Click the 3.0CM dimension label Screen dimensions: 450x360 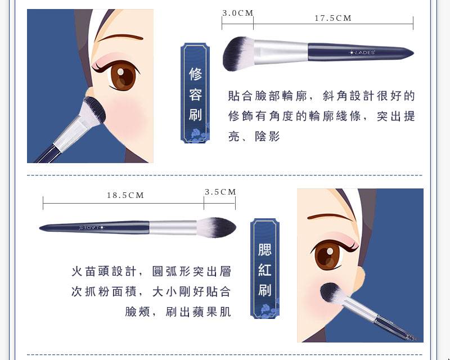coord(238,13)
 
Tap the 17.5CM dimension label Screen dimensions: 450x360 coord(333,18)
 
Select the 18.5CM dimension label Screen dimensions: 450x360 coord(125,195)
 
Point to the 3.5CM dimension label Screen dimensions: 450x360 coord(220,192)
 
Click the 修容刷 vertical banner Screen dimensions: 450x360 coord(195,93)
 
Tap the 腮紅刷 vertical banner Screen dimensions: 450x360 coord(264,268)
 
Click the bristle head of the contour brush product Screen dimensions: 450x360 coord(237,53)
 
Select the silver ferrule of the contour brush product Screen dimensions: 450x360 coord(281,51)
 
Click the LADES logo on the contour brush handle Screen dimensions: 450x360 coord(362,52)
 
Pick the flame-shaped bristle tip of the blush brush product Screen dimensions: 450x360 coord(217,227)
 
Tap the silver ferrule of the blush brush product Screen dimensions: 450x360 coord(173,227)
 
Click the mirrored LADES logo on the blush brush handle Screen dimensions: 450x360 coord(92,228)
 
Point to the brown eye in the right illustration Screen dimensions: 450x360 coord(328,255)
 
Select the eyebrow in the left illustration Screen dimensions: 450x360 coord(120,38)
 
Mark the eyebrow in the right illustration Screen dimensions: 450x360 coord(330,217)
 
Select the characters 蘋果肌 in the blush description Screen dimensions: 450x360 coord(199,312)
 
